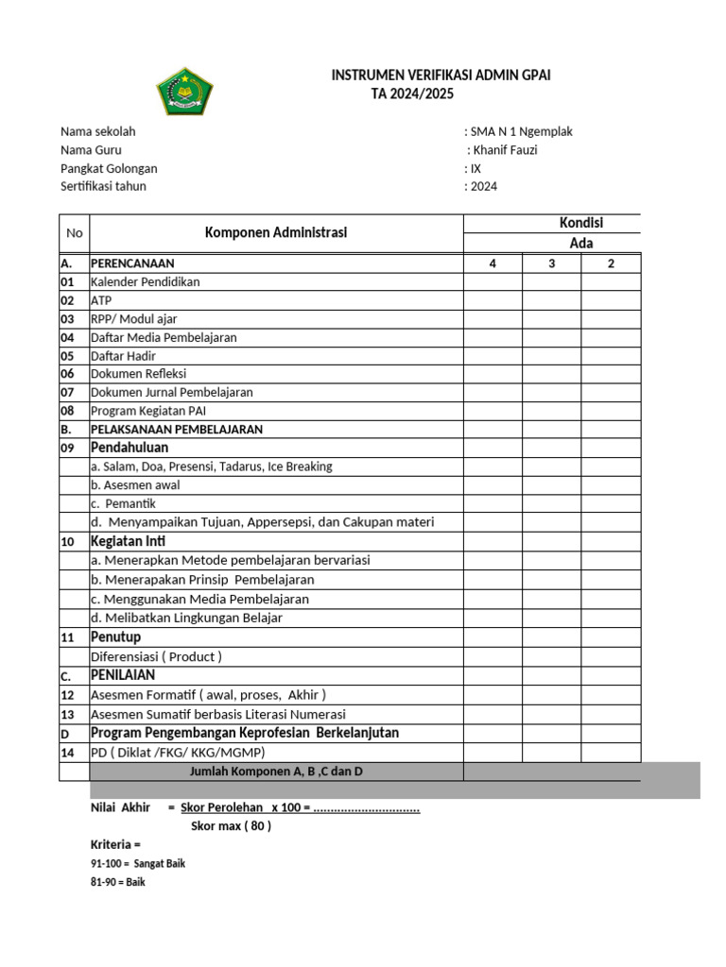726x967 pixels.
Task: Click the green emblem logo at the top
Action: click(x=184, y=92)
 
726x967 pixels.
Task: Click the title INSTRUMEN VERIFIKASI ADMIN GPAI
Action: click(x=441, y=75)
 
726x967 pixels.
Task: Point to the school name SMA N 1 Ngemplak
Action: click(x=521, y=131)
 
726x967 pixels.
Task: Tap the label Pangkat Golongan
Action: click(x=109, y=168)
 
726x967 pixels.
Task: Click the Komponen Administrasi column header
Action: click(x=276, y=232)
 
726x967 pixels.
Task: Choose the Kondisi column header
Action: click(x=581, y=223)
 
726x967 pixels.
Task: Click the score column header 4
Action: click(x=493, y=263)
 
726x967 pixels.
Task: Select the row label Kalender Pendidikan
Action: click(x=145, y=281)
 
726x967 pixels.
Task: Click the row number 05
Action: click(x=67, y=356)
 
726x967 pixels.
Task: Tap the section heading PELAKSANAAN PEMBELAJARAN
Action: click(x=177, y=429)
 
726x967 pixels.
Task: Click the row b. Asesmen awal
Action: click(x=135, y=484)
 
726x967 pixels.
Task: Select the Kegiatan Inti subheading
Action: click(x=124, y=541)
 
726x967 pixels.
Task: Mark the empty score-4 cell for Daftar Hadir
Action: click(x=493, y=356)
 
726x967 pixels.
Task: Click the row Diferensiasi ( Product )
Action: click(x=156, y=656)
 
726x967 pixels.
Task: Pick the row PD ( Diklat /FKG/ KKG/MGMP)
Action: click(x=178, y=753)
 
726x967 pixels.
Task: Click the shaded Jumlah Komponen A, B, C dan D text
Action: click(x=277, y=772)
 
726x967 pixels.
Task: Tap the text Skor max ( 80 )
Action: click(x=231, y=825)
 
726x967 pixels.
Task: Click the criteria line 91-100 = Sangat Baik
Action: click(x=138, y=863)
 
